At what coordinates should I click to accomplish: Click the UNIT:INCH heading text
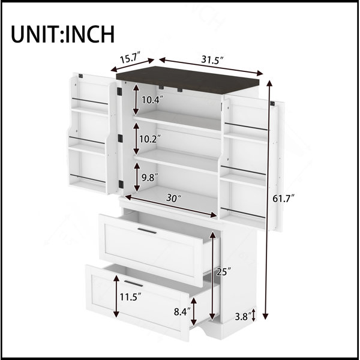click(x=62, y=34)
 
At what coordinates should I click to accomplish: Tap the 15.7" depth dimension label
click(x=130, y=58)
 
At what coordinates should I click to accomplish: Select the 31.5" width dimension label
click(x=212, y=60)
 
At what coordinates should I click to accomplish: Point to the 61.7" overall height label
click(x=283, y=199)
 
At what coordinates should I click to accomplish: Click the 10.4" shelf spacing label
click(x=152, y=100)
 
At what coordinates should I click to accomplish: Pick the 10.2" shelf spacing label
click(x=150, y=139)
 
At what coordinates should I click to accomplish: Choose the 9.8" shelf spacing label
click(x=149, y=178)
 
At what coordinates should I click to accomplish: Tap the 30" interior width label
click(x=174, y=198)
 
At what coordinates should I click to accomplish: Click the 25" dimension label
click(x=224, y=272)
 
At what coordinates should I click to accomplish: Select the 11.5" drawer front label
click(x=130, y=297)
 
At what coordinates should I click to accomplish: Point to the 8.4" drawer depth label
click(x=182, y=312)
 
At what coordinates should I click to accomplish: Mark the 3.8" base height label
click(x=242, y=317)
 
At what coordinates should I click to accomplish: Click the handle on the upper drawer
click(x=147, y=231)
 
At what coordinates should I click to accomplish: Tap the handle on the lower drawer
click(x=133, y=284)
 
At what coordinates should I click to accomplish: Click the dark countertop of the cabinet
click(x=188, y=80)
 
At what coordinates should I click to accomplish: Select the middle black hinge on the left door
click(x=121, y=138)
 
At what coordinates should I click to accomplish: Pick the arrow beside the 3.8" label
click(x=253, y=315)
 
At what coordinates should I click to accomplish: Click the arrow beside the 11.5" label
click(x=116, y=296)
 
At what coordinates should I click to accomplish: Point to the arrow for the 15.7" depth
click(x=132, y=65)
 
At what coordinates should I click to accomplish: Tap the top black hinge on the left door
click(x=119, y=91)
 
